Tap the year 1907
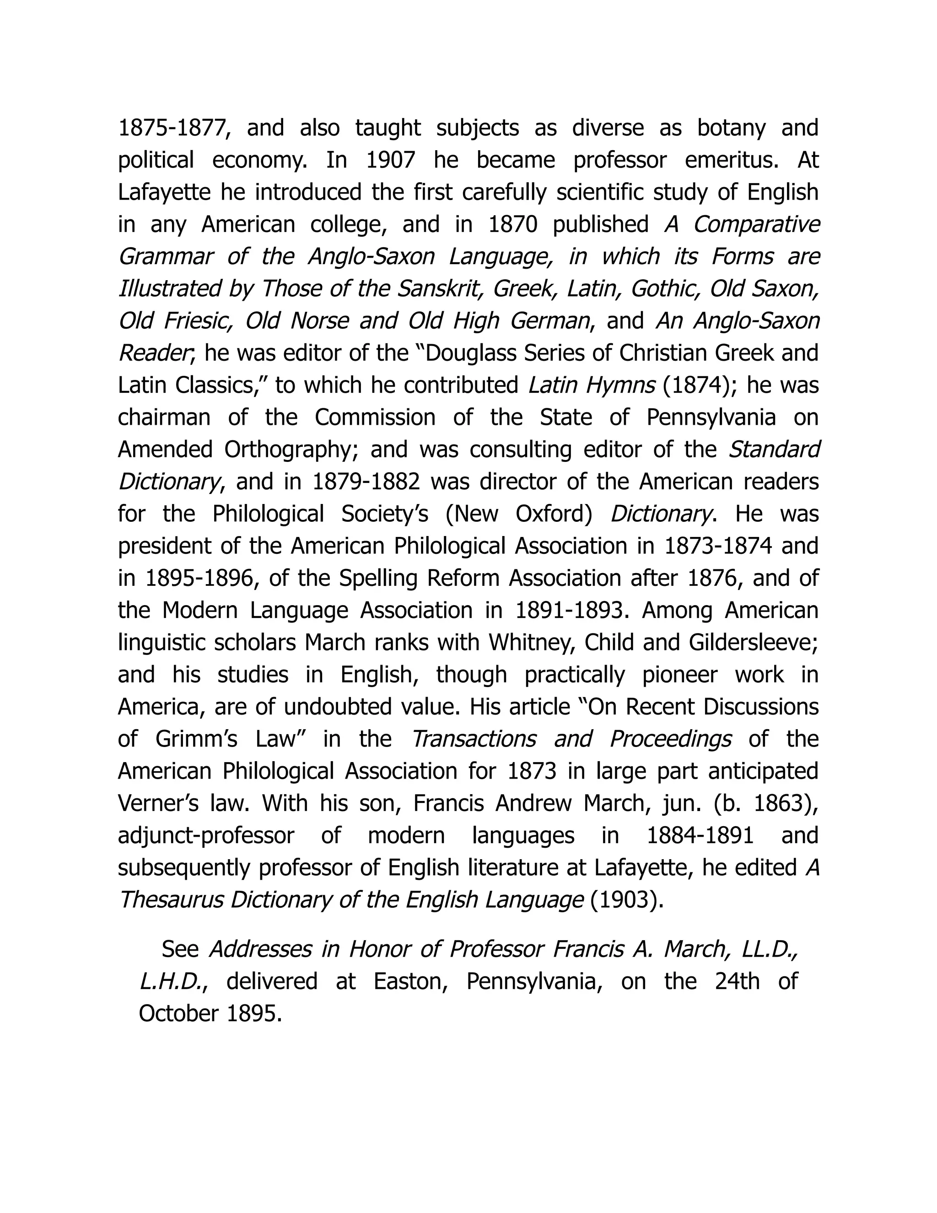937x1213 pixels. (x=390, y=161)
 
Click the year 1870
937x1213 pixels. (x=513, y=225)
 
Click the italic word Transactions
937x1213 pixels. (x=474, y=740)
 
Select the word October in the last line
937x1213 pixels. (x=178, y=1013)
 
